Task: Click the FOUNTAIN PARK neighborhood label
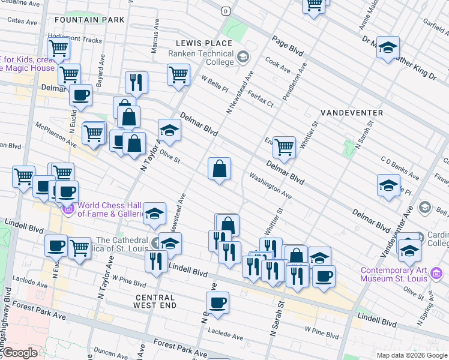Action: pyautogui.click(x=95, y=20)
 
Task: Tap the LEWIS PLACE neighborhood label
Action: pyautogui.click(x=204, y=43)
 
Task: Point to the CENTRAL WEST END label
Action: pyautogui.click(x=155, y=301)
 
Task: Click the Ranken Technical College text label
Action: pyautogui.click(x=200, y=58)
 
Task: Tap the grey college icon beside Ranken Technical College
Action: pyautogui.click(x=243, y=58)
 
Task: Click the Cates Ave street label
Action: pyautogui.click(x=23, y=20)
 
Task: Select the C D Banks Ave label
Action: pyautogui.click(x=400, y=168)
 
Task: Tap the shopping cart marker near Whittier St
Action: pyautogui.click(x=284, y=146)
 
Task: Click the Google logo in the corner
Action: pyautogui.click(x=20, y=353)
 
